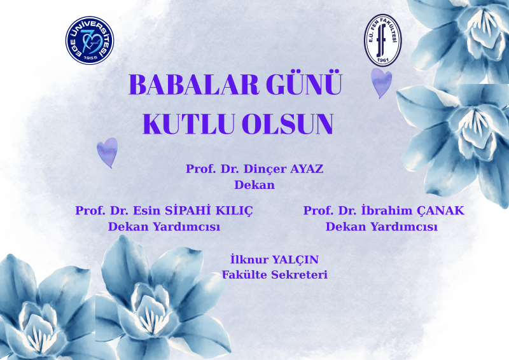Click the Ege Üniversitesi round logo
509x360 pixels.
(90, 40)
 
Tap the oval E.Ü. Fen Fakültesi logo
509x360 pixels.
(382, 40)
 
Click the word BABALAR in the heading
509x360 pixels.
(194, 85)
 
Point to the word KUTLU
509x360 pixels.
(188, 123)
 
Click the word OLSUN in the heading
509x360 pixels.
(288, 123)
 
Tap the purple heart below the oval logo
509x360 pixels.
(381, 83)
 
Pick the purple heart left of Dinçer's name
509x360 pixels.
(108, 152)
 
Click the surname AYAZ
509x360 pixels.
(307, 169)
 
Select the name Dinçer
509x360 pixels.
(265, 169)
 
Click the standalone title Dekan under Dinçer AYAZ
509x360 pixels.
(254, 185)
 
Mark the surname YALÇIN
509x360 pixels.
(295, 260)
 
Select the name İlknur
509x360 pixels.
(249, 259)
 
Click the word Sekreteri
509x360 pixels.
(299, 275)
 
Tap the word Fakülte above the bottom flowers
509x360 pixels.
(245, 275)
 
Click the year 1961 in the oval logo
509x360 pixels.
(383, 60)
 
